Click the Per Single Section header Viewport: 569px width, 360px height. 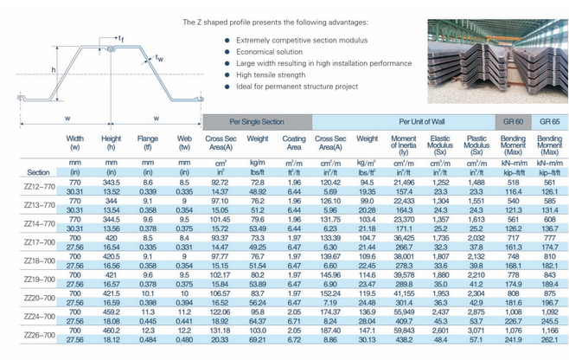click(x=256, y=122)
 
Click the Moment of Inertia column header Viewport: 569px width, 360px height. click(x=403, y=143)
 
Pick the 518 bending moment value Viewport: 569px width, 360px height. click(x=512, y=183)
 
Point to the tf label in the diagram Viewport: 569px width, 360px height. click(x=124, y=38)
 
